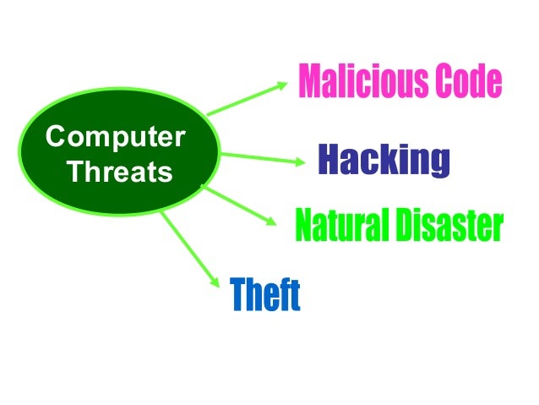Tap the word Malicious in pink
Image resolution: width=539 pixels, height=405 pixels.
click(353, 81)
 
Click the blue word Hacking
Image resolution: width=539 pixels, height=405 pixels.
click(383, 161)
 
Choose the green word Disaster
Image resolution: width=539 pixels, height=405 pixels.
click(445, 226)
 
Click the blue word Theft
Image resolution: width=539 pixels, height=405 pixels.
click(265, 296)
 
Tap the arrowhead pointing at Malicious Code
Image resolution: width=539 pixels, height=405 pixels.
click(284, 85)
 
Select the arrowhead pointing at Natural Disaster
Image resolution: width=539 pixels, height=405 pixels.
click(269, 222)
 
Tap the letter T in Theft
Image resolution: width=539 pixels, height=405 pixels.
click(239, 296)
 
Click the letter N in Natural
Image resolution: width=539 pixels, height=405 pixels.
click(302, 226)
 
